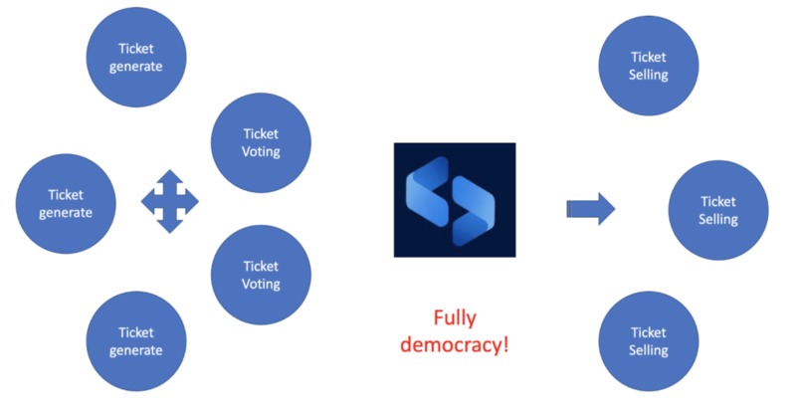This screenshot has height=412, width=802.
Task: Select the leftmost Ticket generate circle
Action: point(66,203)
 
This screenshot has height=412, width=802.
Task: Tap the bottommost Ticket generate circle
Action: point(138,340)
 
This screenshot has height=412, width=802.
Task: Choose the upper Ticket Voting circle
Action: point(262,142)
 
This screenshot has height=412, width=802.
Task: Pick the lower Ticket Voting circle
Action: point(262,274)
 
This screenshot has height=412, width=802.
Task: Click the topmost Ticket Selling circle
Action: point(649,65)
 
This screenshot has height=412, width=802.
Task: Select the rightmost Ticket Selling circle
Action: point(718,210)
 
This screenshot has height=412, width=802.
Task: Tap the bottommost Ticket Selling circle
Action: point(649,341)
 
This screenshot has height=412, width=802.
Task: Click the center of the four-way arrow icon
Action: point(170,202)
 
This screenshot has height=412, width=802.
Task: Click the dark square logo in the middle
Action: point(455,200)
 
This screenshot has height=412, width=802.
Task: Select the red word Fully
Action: point(455,318)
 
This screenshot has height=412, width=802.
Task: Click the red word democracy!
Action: point(455,348)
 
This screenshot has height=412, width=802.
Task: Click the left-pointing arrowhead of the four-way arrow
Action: point(147,202)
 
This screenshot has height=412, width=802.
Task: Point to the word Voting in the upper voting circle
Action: point(262,152)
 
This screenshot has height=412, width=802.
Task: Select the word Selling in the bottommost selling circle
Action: point(649,351)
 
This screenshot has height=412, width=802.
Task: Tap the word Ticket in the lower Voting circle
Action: point(262,265)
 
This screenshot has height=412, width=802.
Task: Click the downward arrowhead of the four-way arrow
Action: point(170,226)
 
